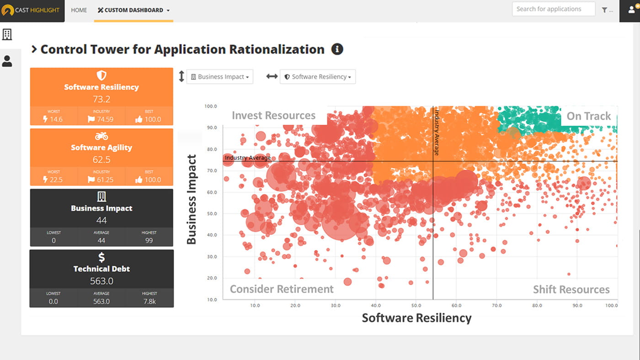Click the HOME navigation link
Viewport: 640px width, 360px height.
pyautogui.click(x=79, y=10)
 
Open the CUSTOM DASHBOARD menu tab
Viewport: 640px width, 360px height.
pyautogui.click(x=133, y=10)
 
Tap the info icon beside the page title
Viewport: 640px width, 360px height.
pyautogui.click(x=337, y=49)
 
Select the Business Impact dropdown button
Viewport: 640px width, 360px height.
pyautogui.click(x=220, y=77)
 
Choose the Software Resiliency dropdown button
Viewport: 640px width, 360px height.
pyautogui.click(x=318, y=77)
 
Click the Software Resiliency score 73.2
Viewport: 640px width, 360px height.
pyautogui.click(x=101, y=99)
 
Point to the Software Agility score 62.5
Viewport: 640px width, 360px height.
pyautogui.click(x=101, y=159)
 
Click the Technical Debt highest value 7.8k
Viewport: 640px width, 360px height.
pyautogui.click(x=149, y=301)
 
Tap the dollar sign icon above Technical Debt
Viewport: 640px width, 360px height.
pyautogui.click(x=101, y=258)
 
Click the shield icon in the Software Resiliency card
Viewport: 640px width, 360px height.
pyautogui.click(x=101, y=75)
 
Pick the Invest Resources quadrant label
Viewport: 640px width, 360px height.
pyautogui.click(x=273, y=116)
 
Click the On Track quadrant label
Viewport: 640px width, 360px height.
pyautogui.click(x=588, y=116)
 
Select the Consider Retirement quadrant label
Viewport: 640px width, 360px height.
pyautogui.click(x=282, y=289)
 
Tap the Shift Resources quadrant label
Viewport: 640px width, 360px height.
pyautogui.click(x=571, y=290)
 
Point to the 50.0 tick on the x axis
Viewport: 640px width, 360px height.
pyautogui.click(x=416, y=306)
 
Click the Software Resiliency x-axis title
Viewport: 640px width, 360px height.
pyautogui.click(x=416, y=318)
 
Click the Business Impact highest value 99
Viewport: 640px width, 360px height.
pyautogui.click(x=149, y=240)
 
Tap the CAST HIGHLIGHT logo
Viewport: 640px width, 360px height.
pyautogui.click(x=32, y=10)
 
